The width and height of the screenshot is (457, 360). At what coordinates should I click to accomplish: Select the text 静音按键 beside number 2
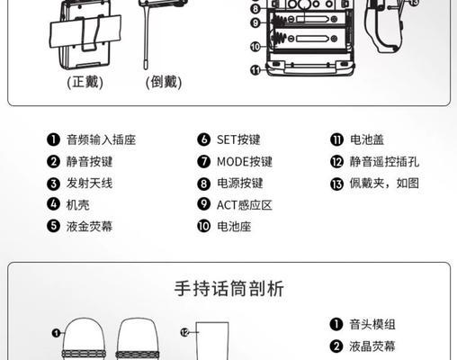pos(89,162)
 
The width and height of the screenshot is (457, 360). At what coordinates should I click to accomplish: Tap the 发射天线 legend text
pos(89,184)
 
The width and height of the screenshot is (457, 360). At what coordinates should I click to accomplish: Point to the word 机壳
pos(77,204)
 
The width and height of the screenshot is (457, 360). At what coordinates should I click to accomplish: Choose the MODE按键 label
pos(244,162)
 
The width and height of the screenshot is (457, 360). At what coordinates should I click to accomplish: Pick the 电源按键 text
pos(239,184)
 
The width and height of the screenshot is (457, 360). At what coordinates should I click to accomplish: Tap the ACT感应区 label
pos(244,204)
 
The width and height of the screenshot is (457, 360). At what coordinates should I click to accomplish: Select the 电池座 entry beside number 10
pos(234,226)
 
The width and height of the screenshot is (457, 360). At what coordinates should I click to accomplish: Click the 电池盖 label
pos(365,139)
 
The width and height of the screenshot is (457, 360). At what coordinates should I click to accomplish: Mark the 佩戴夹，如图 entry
pos(383,184)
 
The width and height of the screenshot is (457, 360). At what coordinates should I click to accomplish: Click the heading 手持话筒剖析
pos(228,289)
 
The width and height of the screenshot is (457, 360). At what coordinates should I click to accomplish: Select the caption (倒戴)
pos(163,82)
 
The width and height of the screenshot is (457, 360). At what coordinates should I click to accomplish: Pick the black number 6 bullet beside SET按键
pos(204,139)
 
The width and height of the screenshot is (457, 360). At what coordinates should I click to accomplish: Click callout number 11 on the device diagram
pos(255,69)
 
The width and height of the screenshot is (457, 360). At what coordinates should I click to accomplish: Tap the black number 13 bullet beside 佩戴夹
pos(336,184)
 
